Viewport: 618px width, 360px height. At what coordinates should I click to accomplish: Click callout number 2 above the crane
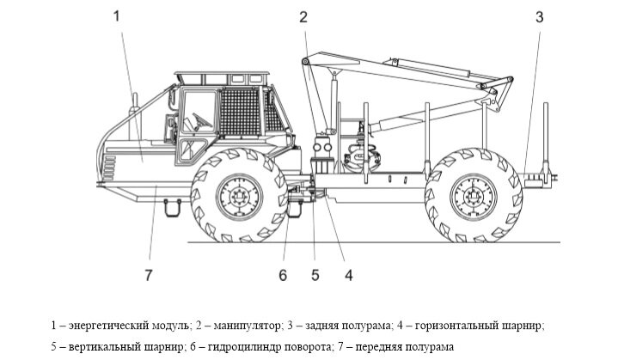[x=303, y=16]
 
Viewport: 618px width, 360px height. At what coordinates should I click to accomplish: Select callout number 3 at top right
[x=539, y=16]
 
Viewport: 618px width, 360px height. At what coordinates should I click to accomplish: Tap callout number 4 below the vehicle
[x=349, y=275]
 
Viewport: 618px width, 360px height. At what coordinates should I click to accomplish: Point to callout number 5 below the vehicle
[x=315, y=275]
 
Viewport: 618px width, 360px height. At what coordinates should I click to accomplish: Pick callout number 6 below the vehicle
[x=282, y=275]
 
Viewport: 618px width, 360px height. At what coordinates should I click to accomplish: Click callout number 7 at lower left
[x=148, y=275]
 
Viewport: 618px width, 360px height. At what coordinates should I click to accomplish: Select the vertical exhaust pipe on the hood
[x=133, y=110]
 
